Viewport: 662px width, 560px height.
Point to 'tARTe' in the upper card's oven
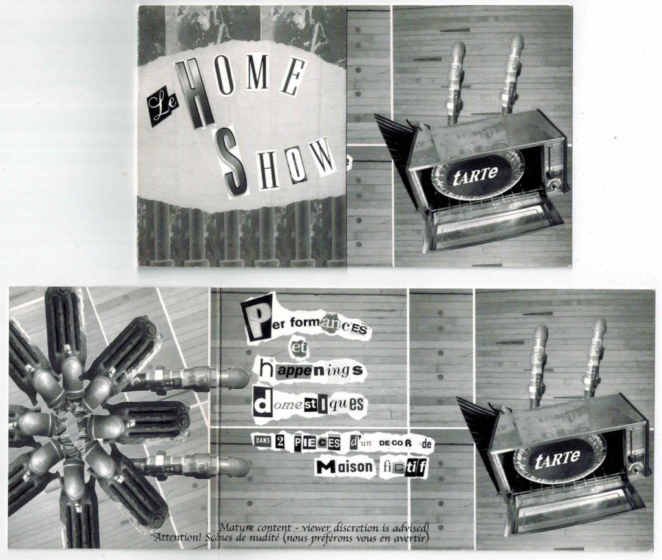[475, 174]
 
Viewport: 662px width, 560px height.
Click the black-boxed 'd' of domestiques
[262, 404]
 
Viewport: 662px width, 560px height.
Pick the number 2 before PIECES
[279, 442]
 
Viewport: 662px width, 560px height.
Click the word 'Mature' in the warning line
[238, 527]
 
